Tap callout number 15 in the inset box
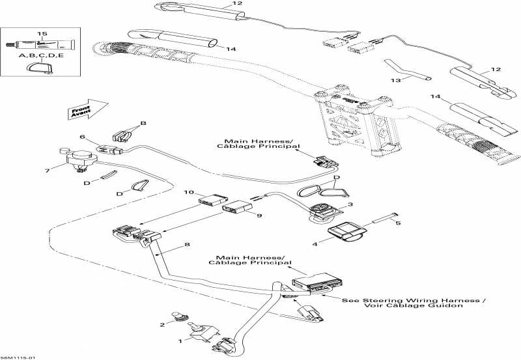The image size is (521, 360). coord(43,33)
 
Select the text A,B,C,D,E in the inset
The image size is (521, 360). coord(43,55)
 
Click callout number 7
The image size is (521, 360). coord(46,171)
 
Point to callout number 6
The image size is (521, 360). coord(83,137)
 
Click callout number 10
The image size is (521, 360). coord(189,192)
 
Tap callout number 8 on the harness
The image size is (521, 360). coord(188,245)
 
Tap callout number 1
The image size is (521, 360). coord(180,340)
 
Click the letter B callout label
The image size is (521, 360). coord(143,123)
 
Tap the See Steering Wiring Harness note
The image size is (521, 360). coord(414,303)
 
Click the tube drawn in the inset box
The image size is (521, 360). coord(36,45)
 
